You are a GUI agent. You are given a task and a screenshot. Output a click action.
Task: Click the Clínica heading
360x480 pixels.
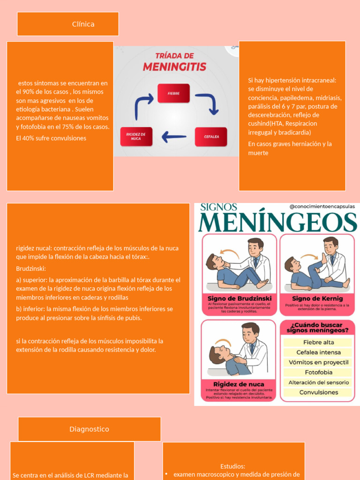83,24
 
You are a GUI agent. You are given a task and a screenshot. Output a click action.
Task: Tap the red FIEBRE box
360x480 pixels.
173,93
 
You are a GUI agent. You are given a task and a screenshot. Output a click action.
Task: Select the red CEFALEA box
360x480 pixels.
211,137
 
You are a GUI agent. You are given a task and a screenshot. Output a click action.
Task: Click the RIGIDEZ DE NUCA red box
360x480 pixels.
136,136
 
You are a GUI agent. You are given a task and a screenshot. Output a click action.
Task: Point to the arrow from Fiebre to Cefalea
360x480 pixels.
208,103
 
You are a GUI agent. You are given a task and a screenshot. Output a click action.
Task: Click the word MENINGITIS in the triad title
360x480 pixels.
174,67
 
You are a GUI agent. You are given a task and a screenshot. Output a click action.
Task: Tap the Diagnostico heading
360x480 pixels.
89,429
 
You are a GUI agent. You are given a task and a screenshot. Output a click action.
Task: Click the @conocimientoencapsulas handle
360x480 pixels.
322,206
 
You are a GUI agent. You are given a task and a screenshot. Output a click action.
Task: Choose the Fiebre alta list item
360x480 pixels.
318,342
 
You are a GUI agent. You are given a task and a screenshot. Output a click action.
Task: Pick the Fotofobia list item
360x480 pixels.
318,372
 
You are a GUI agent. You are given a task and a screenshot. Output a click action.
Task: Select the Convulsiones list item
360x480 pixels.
318,392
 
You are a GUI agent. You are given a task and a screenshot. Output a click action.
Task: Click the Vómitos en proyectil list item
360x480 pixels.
318,362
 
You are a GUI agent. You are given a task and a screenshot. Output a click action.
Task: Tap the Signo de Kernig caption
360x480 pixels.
317,298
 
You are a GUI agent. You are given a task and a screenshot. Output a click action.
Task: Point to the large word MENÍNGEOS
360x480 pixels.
277,222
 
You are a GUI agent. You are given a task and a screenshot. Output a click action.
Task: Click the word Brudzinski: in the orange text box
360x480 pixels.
31,269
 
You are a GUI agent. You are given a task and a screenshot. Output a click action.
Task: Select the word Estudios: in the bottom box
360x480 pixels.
233,466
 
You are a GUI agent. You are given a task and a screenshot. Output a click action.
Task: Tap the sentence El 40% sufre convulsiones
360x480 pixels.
51,138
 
